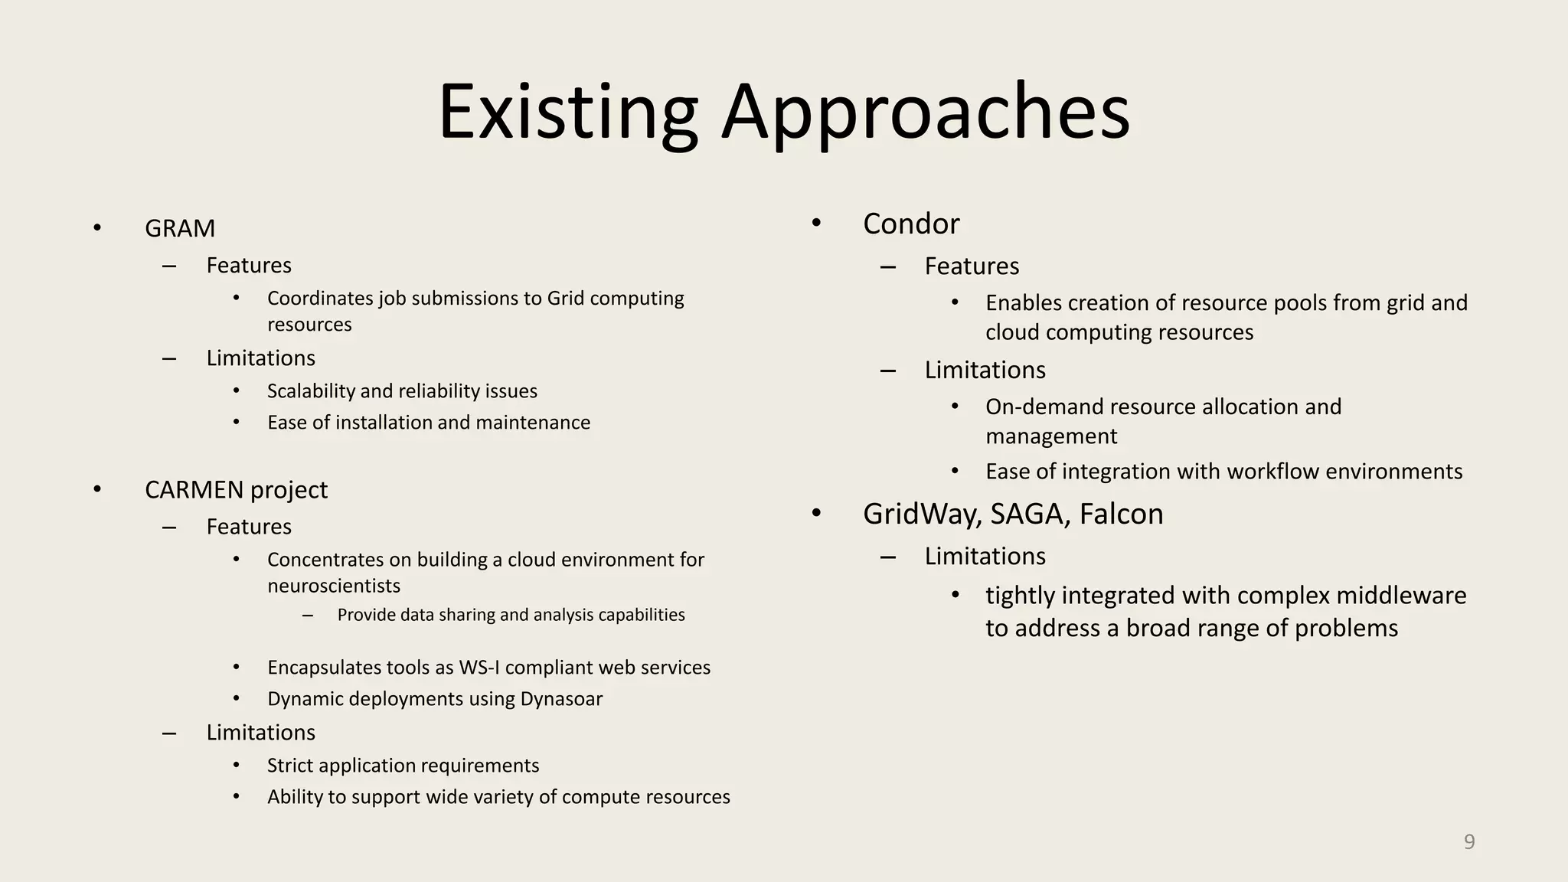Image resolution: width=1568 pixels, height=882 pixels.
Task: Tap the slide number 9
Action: coord(1468,841)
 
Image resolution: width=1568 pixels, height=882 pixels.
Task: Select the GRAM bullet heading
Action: coord(180,228)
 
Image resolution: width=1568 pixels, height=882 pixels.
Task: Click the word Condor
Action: coord(910,224)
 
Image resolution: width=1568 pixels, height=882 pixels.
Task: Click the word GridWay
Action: coord(920,514)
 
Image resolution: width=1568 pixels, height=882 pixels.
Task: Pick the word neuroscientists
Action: coord(334,586)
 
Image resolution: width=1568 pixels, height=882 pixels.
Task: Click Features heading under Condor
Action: coord(971,266)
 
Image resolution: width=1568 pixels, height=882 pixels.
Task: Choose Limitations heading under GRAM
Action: coord(260,358)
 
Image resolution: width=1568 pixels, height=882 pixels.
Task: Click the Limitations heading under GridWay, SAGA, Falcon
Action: coord(985,556)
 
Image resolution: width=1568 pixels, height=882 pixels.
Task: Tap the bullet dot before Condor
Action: coord(816,223)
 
